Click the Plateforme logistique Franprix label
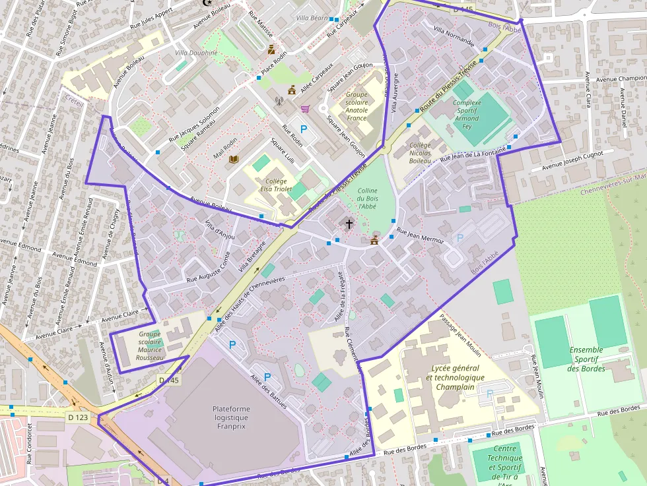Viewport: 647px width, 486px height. click(231, 417)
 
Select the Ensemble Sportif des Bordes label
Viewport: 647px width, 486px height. click(586, 359)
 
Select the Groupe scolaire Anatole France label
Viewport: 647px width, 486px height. click(357, 106)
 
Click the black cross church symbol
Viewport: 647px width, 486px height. click(349, 224)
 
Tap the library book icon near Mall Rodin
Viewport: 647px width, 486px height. click(233, 159)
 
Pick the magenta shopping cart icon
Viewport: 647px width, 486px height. click(304, 109)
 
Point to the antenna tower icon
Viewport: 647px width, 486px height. click(279, 102)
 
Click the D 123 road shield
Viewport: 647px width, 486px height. click(77, 417)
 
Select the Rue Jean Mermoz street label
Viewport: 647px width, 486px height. click(419, 236)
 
